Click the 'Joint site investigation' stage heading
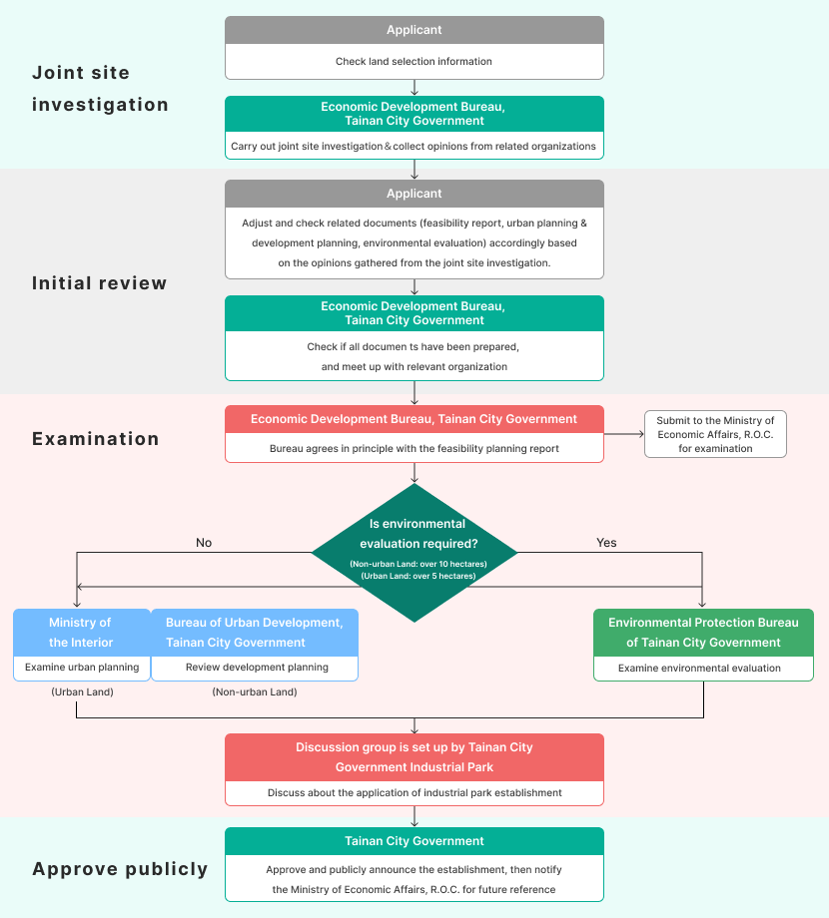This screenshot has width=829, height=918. click(x=100, y=89)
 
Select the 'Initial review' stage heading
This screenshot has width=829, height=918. click(x=100, y=283)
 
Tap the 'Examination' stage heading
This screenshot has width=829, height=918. click(x=96, y=439)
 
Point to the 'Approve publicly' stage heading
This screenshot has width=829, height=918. click(x=120, y=869)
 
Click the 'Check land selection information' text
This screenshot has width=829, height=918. click(x=414, y=62)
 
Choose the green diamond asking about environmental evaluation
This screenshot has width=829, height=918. click(x=414, y=553)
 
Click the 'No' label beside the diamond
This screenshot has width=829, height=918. click(x=204, y=543)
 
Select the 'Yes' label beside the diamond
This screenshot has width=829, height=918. click(x=606, y=543)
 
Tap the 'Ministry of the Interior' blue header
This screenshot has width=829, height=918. click(x=81, y=633)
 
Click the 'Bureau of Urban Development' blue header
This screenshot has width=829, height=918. click(x=254, y=633)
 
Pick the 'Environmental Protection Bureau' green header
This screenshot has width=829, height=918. click(x=703, y=633)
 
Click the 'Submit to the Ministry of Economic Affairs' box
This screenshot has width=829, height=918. click(x=715, y=435)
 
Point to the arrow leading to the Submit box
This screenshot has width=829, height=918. click(x=624, y=434)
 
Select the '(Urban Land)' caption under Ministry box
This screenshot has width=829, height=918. click(x=81, y=691)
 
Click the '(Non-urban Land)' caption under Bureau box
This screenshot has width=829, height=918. click(x=254, y=691)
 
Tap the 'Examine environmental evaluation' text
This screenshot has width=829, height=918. click(x=699, y=668)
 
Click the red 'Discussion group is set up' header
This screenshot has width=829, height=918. click(x=414, y=757)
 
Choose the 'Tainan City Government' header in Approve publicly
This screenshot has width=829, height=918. click(x=414, y=841)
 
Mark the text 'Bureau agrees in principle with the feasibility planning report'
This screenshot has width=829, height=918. click(x=414, y=449)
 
